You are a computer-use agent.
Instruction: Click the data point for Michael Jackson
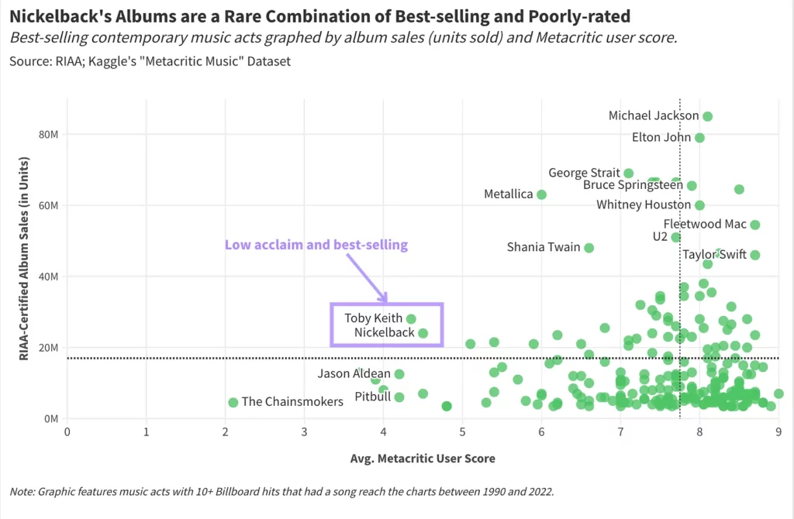(707, 116)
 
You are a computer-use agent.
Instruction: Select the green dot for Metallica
(541, 194)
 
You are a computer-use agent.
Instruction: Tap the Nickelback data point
(423, 333)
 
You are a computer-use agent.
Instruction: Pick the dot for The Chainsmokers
(233, 402)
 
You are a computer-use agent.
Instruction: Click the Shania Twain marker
(589, 248)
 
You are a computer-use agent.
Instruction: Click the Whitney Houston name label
(641, 205)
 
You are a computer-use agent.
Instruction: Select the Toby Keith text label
(374, 318)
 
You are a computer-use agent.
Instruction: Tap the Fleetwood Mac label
(705, 225)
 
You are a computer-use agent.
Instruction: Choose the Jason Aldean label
(354, 374)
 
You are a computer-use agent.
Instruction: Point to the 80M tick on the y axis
(48, 134)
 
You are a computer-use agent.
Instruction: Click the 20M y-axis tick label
(48, 347)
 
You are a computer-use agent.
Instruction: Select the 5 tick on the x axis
(463, 431)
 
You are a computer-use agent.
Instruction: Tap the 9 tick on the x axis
(778, 431)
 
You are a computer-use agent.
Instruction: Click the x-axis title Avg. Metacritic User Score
(423, 458)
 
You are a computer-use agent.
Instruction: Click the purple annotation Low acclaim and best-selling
(316, 245)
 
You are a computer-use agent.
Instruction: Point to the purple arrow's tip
(386, 301)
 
